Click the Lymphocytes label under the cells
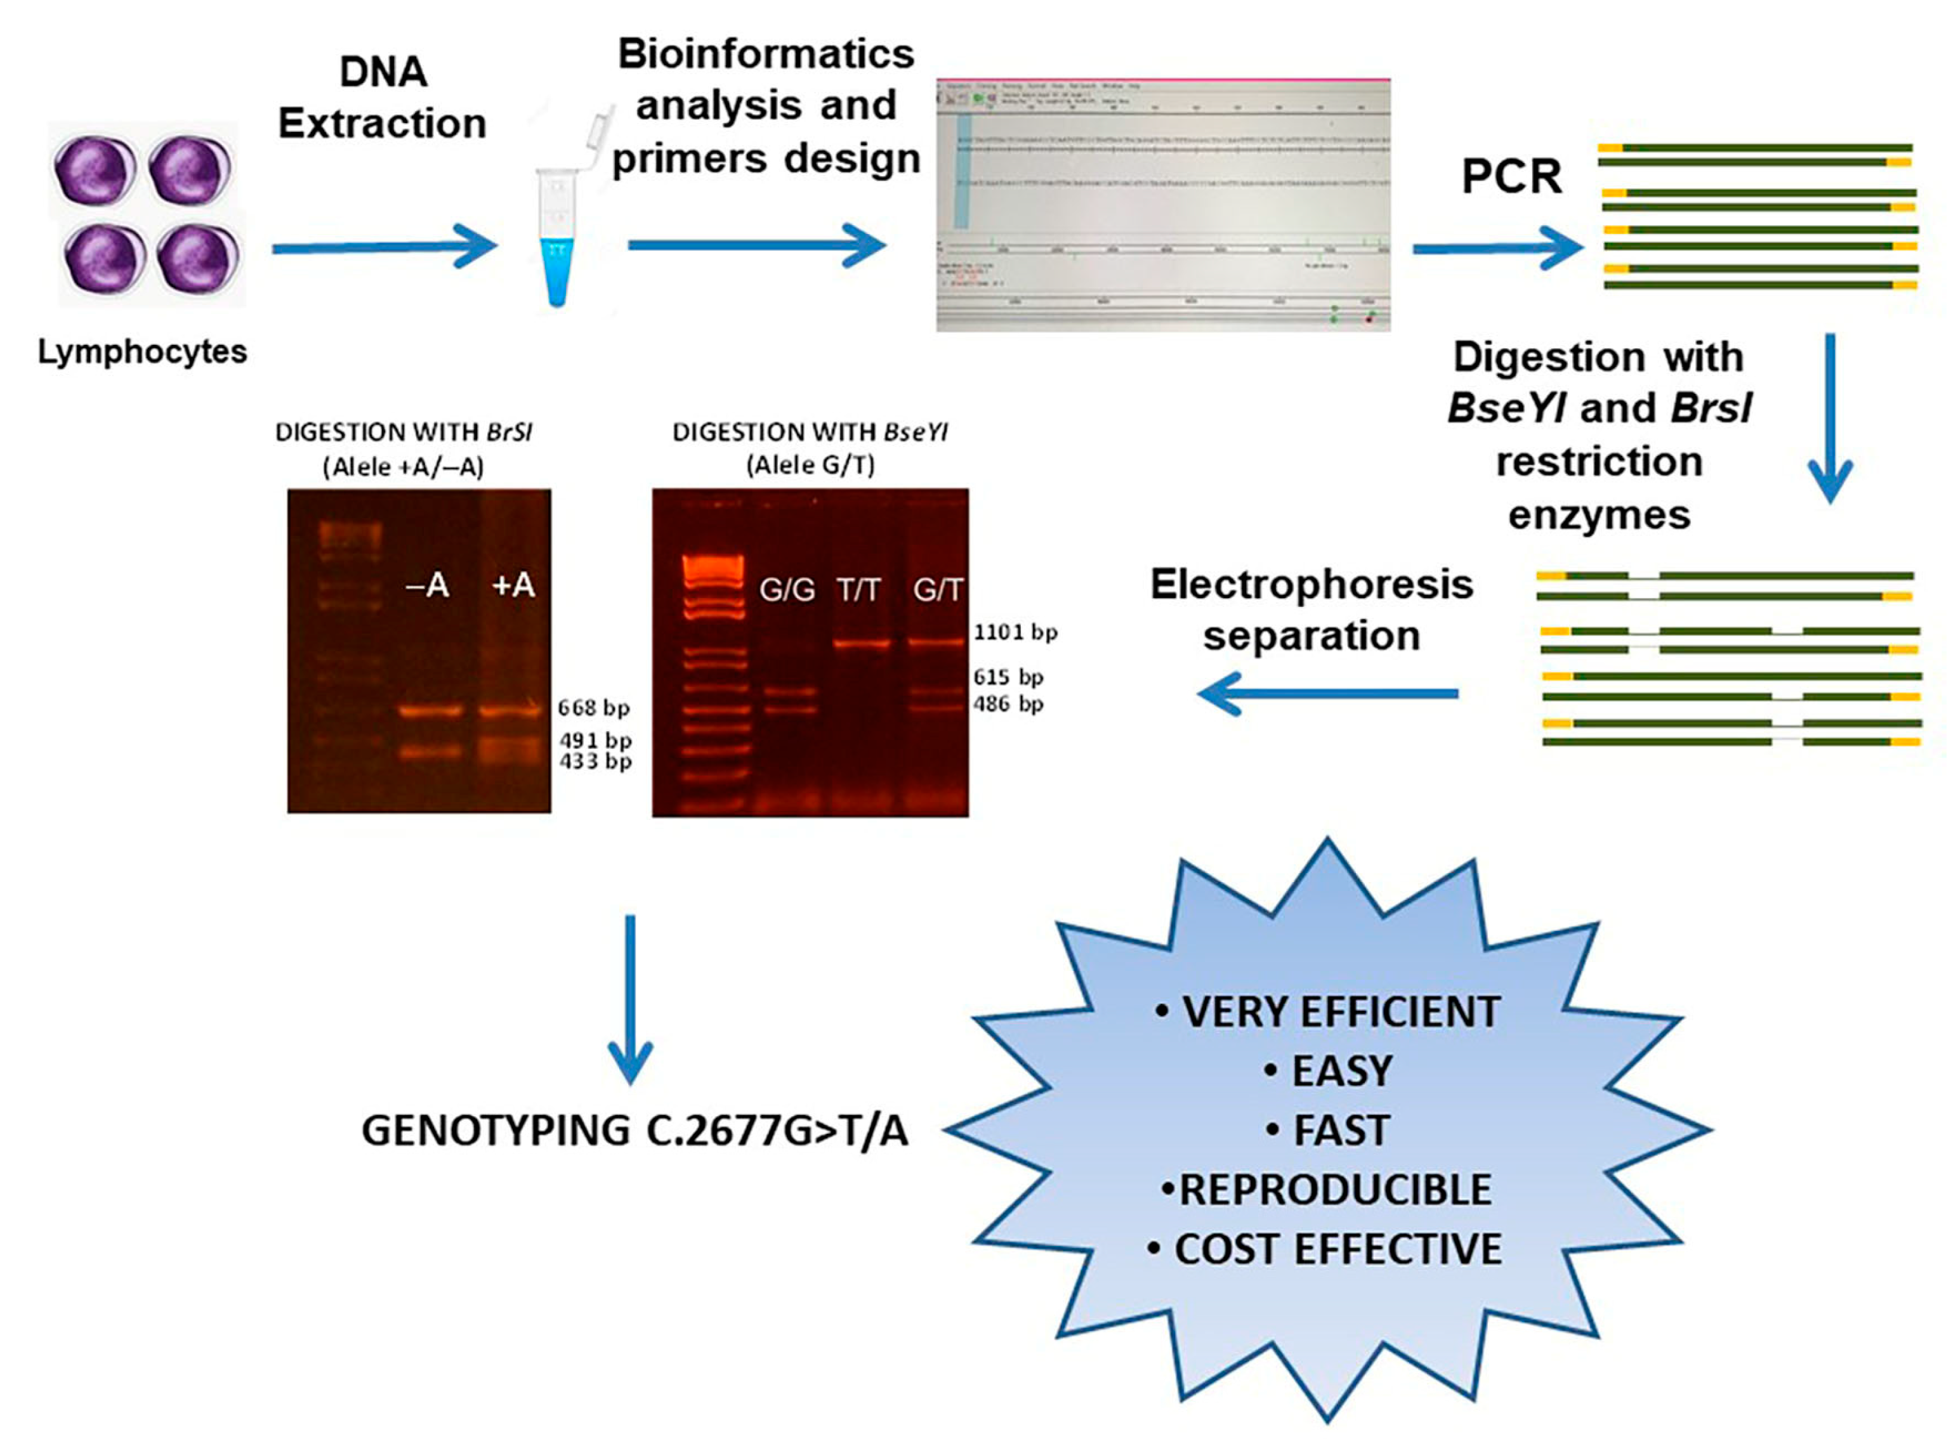pos(142,352)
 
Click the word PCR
pos(1511,177)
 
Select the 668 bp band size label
pos(593,708)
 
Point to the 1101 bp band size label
pos(1015,632)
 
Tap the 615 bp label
pos(1008,677)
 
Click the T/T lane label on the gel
pos(858,588)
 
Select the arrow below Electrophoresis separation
pos(1327,694)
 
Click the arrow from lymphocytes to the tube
pos(383,248)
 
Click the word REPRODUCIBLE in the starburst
pos(1334,1190)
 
